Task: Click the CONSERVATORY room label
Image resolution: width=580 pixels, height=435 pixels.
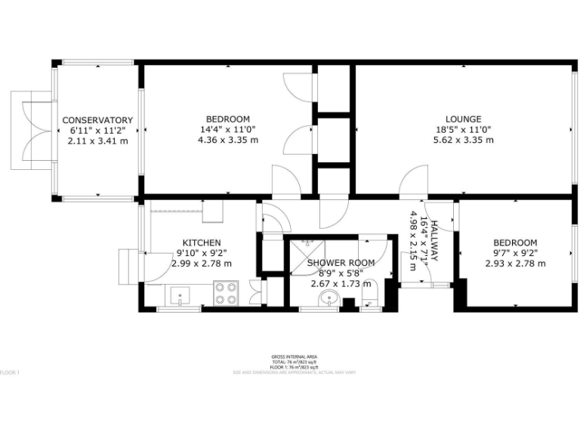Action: coord(97,120)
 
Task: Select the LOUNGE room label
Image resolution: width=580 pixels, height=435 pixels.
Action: coord(463,119)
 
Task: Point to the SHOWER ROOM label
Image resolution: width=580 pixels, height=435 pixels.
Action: coord(341,263)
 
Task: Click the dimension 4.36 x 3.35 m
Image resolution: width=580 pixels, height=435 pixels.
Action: coord(227,140)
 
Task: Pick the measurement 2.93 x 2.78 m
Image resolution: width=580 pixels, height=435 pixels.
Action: coord(515,264)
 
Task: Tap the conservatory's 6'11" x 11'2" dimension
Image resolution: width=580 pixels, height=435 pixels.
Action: coord(97,130)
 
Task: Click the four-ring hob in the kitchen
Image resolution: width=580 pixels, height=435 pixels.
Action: coord(226,292)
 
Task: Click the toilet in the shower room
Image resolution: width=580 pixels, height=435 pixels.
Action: coord(369,303)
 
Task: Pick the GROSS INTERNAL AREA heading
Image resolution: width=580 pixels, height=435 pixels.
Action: coord(294,356)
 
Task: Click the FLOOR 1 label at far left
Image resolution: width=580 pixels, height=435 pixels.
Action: coord(9,372)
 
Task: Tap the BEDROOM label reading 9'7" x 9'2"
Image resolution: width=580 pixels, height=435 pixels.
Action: coord(515,242)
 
